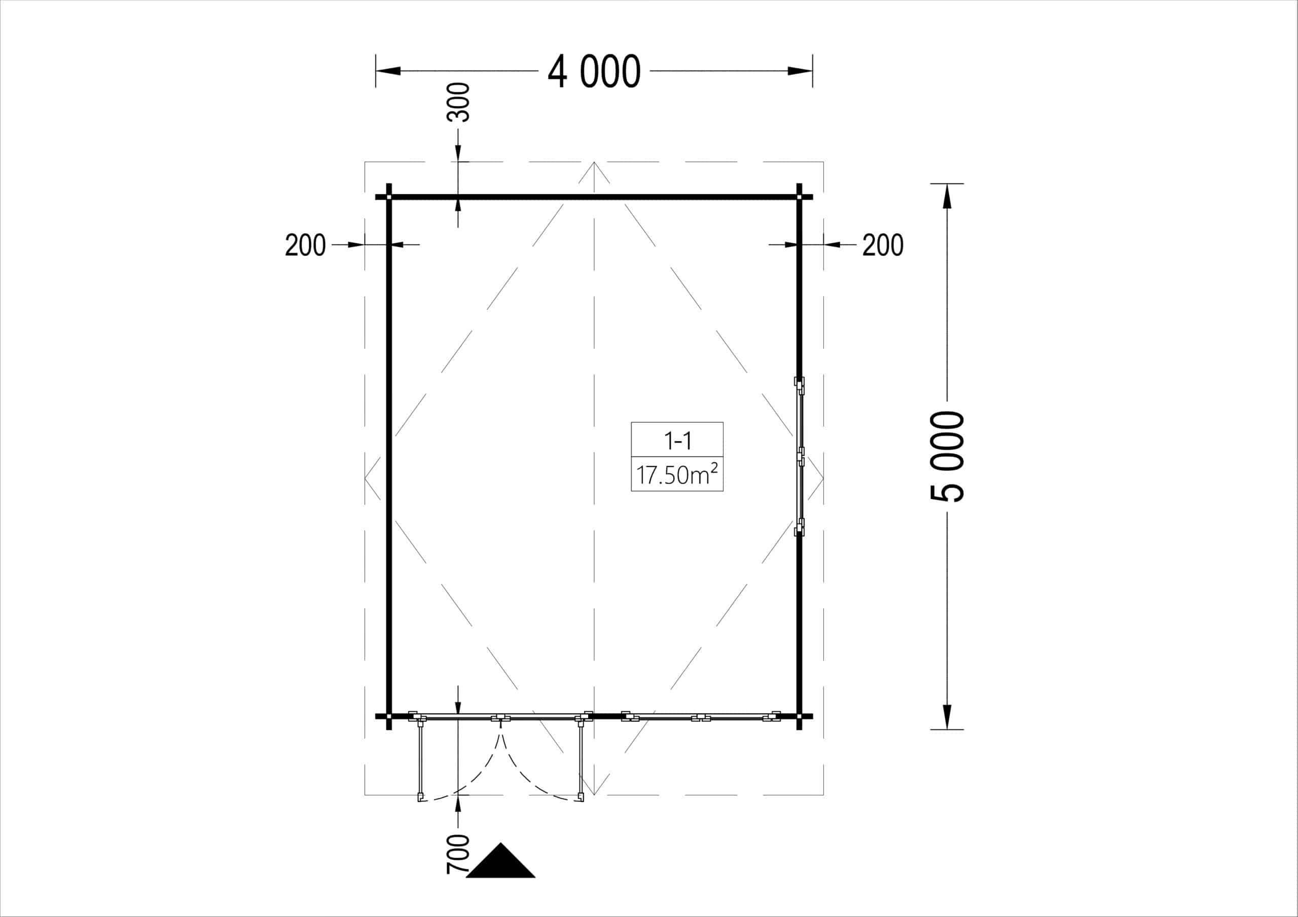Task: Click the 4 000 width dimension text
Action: (x=594, y=72)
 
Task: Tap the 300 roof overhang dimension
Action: (x=458, y=102)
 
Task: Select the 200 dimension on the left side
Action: (x=305, y=245)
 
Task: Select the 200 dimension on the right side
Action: (x=882, y=245)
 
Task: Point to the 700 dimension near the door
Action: (x=458, y=854)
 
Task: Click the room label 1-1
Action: (x=677, y=441)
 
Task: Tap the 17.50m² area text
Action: (x=677, y=474)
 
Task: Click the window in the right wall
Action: (x=800, y=456)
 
